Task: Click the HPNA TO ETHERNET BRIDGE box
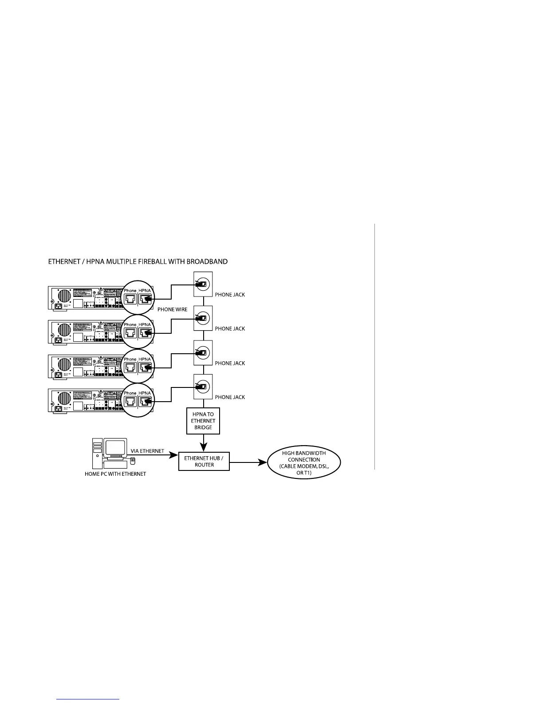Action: pyautogui.click(x=203, y=421)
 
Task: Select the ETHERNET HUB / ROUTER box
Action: pyautogui.click(x=204, y=462)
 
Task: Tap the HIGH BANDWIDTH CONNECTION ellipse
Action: pyautogui.click(x=304, y=463)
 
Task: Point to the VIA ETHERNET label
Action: pyautogui.click(x=147, y=451)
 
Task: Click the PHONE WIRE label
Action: pyautogui.click(x=172, y=309)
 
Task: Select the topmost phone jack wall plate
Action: pyautogui.click(x=203, y=284)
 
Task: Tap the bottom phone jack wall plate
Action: pyautogui.click(x=203, y=387)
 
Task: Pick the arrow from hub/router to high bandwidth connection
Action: pyautogui.click(x=248, y=463)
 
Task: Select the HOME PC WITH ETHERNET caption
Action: pyautogui.click(x=115, y=474)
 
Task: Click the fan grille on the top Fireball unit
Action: pyautogui.click(x=62, y=296)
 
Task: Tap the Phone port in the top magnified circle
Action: pyautogui.click(x=130, y=299)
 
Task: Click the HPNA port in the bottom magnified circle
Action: pyautogui.click(x=145, y=402)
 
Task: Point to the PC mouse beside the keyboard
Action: pyautogui.click(x=133, y=461)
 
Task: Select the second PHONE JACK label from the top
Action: pyautogui.click(x=230, y=329)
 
